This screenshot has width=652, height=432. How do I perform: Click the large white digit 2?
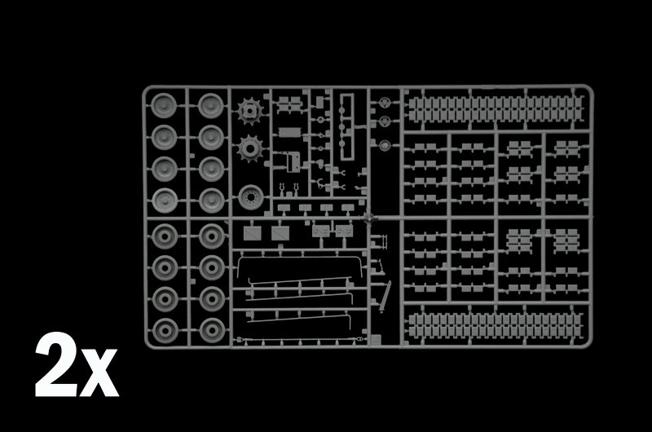click(x=56, y=364)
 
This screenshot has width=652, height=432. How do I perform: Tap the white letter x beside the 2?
click(x=99, y=373)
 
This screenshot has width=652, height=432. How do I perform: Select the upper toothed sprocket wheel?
click(x=250, y=111)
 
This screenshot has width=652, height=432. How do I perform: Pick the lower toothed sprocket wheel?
click(x=250, y=148)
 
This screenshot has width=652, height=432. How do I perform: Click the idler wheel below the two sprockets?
click(x=251, y=197)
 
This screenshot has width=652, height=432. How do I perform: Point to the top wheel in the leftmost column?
click(x=164, y=105)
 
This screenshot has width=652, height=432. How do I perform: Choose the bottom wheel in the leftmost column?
click(x=165, y=331)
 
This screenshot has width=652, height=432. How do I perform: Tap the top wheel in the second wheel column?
click(x=211, y=105)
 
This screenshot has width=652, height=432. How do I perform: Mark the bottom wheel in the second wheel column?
click(x=212, y=331)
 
